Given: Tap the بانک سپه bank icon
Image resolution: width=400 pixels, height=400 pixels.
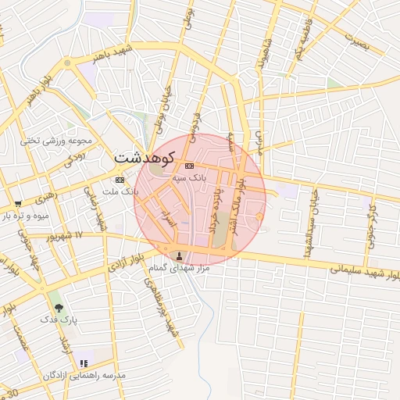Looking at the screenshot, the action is (189, 166).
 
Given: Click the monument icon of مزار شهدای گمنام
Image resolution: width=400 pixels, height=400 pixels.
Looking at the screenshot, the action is (181, 255).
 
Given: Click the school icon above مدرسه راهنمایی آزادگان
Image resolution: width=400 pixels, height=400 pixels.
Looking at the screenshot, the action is (84, 364).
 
